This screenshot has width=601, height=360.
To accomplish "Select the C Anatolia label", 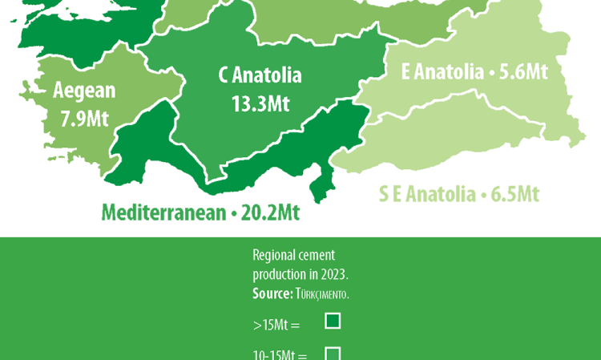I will (x=260, y=76).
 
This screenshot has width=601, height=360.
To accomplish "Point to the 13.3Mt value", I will (x=260, y=103).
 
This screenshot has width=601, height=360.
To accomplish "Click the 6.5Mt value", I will (x=513, y=195).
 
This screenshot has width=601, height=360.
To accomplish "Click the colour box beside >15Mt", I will (x=333, y=322).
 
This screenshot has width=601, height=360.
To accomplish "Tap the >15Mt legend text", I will (x=275, y=325).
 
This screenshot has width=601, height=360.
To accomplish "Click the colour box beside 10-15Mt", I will (x=333, y=353).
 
